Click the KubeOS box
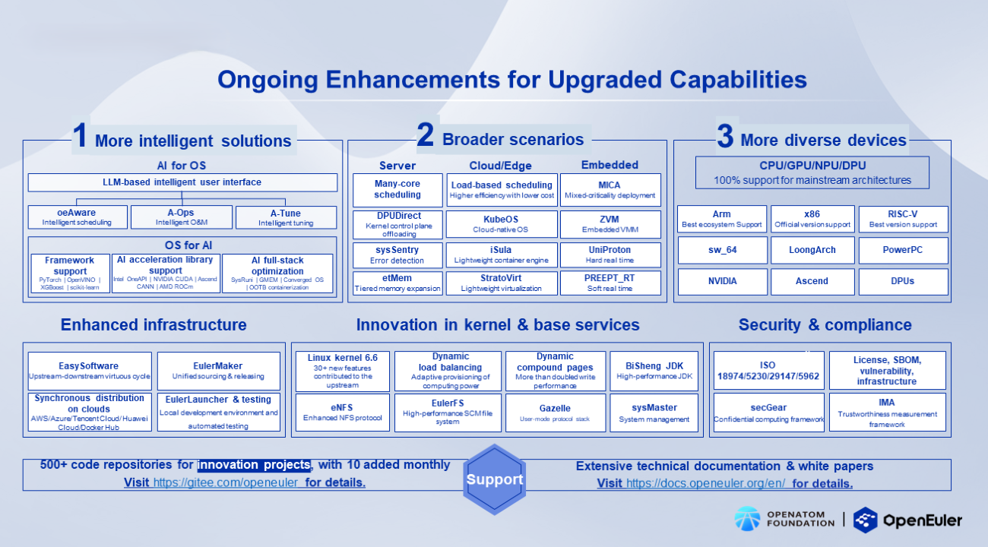click(x=501, y=224)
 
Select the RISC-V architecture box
click(x=903, y=219)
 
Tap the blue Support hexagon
click(x=495, y=479)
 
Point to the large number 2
click(x=426, y=136)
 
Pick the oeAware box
click(x=76, y=217)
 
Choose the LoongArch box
click(x=812, y=250)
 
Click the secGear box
click(x=768, y=413)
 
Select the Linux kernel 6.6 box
click(x=342, y=370)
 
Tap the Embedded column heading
click(x=610, y=165)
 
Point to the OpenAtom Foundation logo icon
click(x=746, y=520)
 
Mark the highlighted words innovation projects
click(x=254, y=465)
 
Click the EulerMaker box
click(x=218, y=371)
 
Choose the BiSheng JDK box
click(x=654, y=370)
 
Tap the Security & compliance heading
click(x=825, y=325)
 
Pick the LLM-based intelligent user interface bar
click(x=182, y=182)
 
